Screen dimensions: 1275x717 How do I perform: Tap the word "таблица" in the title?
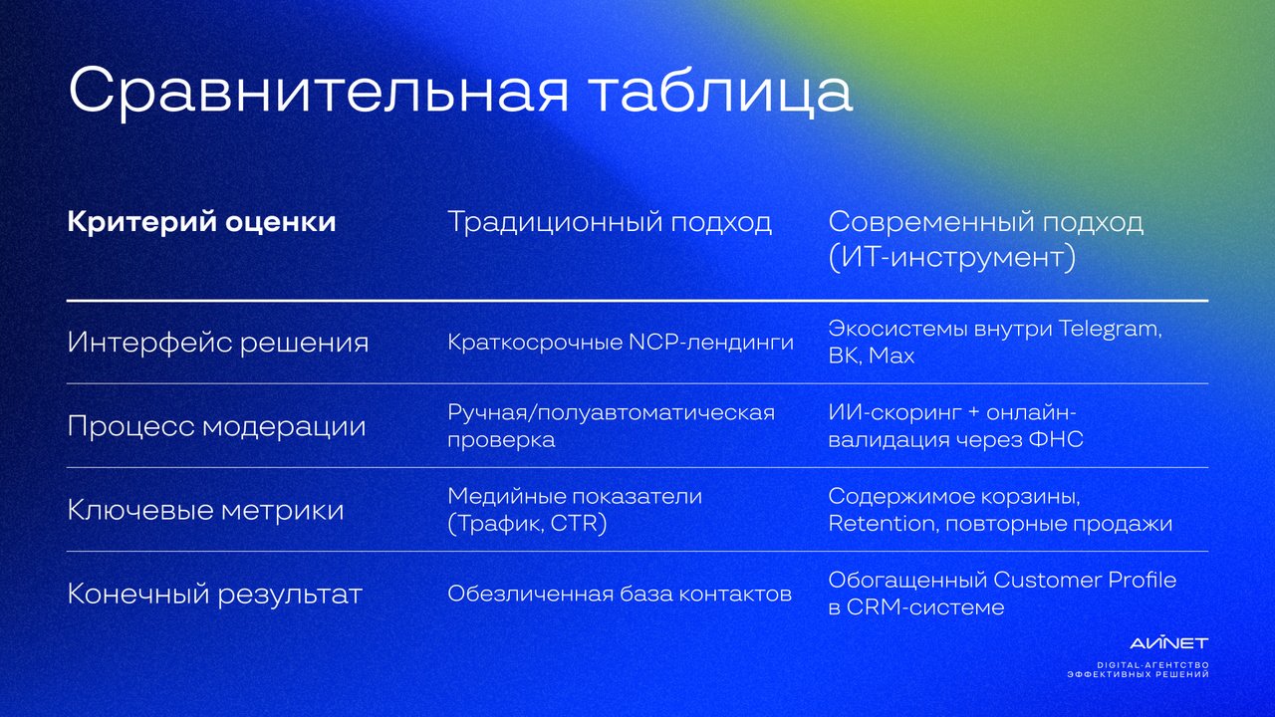point(721,91)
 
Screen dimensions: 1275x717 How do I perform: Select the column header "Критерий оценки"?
point(201,221)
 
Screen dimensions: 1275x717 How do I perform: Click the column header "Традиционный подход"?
point(610,222)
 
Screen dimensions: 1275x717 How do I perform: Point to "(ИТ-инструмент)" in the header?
point(952,257)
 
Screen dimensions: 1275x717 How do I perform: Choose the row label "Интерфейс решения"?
point(218,343)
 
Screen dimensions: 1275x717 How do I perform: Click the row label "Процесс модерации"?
point(216,426)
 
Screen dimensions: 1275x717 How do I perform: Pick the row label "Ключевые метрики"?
point(205,510)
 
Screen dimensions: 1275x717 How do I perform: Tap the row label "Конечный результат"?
point(214,595)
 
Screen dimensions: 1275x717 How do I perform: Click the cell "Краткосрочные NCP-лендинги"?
point(621,343)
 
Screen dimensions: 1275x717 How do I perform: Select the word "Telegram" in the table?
point(1110,330)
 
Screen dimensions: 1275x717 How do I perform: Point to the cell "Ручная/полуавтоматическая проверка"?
point(612,426)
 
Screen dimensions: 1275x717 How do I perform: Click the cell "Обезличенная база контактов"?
point(620,595)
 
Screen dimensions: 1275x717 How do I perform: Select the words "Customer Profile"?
point(1085,581)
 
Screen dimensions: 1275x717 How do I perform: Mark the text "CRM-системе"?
point(925,607)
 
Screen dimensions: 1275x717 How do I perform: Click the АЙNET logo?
point(1169,643)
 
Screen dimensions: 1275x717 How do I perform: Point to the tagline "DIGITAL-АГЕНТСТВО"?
point(1153,665)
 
